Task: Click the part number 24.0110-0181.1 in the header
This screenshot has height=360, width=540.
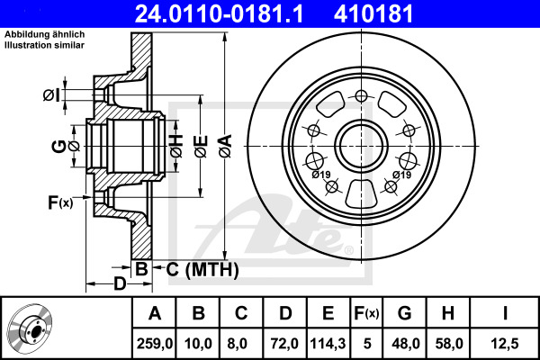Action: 219,14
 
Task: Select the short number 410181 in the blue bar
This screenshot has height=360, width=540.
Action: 373,14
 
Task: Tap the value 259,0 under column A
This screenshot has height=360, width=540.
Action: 154,344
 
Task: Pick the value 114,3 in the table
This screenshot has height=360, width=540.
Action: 328,344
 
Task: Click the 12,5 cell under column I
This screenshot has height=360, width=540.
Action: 505,344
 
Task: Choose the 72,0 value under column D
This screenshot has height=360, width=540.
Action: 284,344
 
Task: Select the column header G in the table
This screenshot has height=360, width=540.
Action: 404,313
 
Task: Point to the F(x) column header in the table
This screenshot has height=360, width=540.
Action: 366,313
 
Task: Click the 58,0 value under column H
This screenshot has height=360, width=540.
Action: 448,344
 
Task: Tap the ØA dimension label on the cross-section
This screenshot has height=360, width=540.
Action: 226,146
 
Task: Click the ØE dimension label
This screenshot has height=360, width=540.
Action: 201,147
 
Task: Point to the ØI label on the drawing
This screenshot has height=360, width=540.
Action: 51,94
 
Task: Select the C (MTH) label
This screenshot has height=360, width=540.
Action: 202,269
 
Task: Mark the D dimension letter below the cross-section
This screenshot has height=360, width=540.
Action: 120,284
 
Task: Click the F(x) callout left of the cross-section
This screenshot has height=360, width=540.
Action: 60,202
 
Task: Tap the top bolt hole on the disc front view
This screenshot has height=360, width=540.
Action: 361,96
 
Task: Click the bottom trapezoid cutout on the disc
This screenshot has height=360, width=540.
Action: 361,194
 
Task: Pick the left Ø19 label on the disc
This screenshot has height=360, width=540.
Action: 321,175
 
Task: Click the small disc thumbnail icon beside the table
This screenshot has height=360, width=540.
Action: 30,328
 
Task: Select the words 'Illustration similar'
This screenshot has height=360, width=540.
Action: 44,45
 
